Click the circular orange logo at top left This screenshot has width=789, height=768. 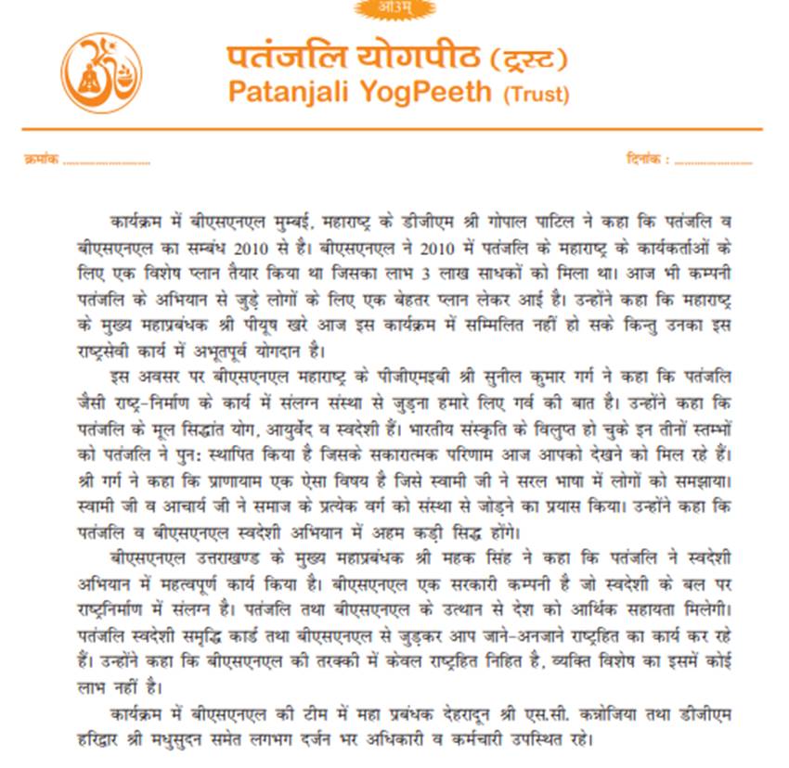click(x=102, y=74)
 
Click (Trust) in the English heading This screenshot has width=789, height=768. click(x=536, y=94)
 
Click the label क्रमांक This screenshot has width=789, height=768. click(x=41, y=160)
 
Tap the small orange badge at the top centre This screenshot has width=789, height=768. click(x=394, y=8)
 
